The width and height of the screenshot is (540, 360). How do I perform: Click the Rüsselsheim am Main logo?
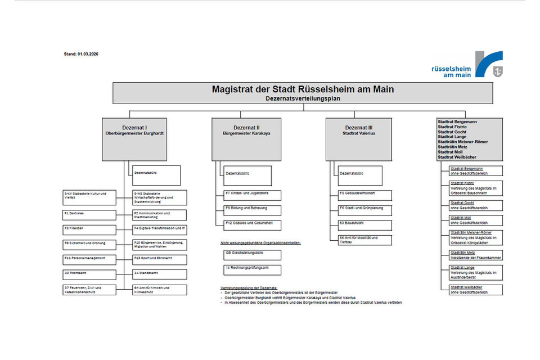tap(466, 65)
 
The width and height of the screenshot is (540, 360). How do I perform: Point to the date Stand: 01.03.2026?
tap(82, 55)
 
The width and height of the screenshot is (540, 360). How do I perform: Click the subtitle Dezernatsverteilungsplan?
tap(303, 98)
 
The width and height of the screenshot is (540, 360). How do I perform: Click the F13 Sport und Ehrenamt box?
tap(160, 259)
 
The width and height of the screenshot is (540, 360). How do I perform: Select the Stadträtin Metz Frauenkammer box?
tap(475, 255)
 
